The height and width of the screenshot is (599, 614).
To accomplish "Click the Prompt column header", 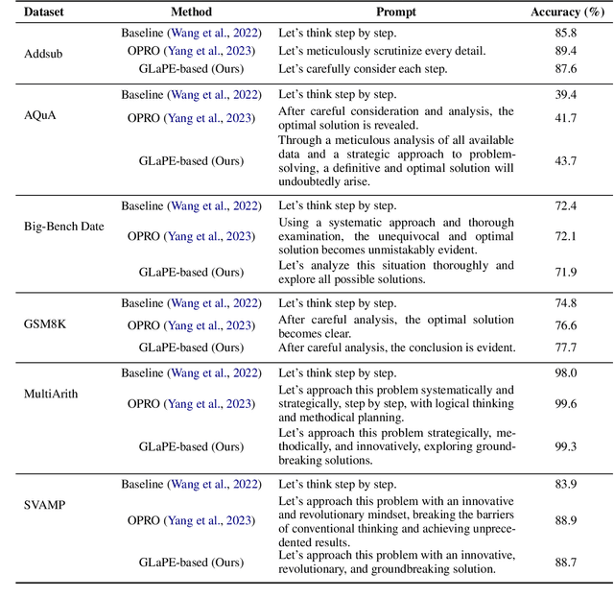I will (396, 12).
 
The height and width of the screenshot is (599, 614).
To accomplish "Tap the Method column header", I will (191, 12).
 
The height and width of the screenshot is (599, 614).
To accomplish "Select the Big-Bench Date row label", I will (62, 227).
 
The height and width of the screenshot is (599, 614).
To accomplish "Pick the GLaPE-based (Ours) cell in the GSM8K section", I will (191, 347).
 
